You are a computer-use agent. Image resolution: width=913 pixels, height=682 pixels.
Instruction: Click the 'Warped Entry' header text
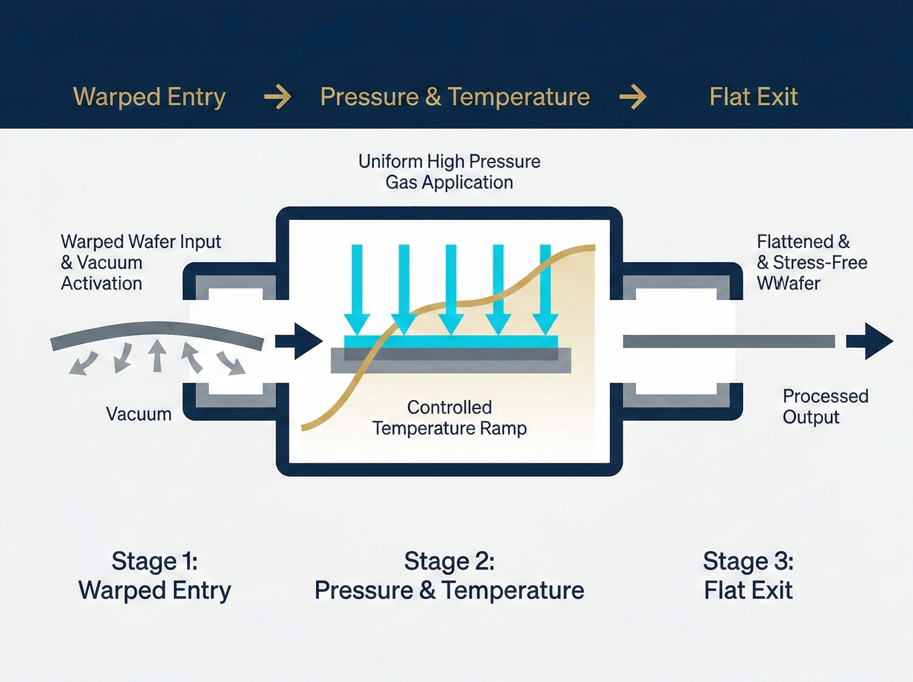pos(149,97)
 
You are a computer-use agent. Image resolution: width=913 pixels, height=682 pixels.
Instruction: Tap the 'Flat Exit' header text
pos(754,97)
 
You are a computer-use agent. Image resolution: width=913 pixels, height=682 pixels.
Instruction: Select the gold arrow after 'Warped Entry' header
pos(277,97)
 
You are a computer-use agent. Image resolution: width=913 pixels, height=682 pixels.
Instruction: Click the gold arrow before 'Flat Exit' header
pos(632,97)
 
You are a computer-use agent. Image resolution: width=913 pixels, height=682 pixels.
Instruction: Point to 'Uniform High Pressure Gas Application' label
pos(449,172)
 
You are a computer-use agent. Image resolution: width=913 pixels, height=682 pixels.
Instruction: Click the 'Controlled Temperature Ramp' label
pos(449,418)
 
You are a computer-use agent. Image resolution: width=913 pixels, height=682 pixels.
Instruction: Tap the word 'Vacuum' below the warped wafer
pos(139,414)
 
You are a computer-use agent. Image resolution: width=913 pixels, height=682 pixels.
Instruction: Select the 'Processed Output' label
pos(825,406)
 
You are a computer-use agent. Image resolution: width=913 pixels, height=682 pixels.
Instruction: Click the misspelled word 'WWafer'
pos(788,284)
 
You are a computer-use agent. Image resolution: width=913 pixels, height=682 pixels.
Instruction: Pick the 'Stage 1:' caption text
pos(155,561)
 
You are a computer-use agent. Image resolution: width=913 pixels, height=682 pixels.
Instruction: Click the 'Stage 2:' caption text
pos(449,561)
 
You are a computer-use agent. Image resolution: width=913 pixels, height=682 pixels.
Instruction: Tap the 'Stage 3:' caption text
pos(748,561)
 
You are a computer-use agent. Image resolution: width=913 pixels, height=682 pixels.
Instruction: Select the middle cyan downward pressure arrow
pos(451,287)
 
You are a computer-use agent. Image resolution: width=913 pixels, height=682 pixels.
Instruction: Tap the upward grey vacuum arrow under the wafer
pos(158,356)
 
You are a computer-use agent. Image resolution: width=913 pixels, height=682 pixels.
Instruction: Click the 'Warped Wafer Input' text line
pos(141,242)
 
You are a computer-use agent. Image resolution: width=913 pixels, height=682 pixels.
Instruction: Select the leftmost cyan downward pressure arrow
pos(357,287)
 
